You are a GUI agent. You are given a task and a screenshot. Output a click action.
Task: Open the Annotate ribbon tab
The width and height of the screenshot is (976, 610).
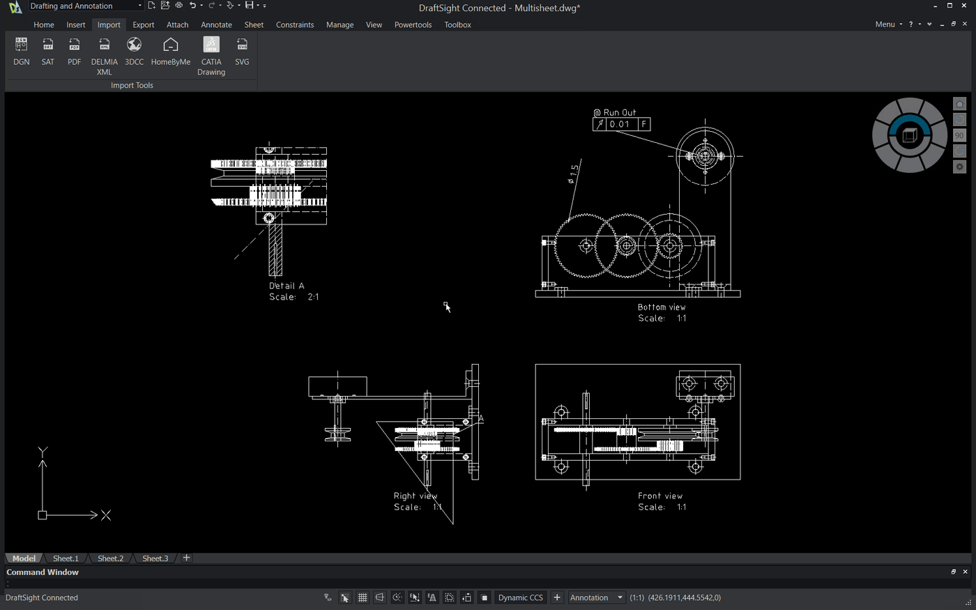(216, 24)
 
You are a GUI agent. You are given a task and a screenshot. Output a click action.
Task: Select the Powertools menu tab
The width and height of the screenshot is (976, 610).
(413, 24)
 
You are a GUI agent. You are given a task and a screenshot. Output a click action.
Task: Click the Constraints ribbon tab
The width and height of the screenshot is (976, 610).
(295, 24)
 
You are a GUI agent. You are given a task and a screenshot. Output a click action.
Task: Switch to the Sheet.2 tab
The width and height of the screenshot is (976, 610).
(110, 558)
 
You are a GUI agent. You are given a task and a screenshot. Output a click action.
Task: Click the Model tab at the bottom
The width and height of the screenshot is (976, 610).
(24, 558)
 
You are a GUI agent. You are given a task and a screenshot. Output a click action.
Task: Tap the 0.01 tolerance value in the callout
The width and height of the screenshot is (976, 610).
(619, 125)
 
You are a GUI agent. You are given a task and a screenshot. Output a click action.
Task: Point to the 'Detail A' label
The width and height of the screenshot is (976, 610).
(287, 286)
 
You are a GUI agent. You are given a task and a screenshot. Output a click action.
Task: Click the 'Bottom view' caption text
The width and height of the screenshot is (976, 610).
(662, 307)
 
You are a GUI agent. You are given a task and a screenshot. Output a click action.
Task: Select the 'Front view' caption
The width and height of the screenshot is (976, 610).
(660, 496)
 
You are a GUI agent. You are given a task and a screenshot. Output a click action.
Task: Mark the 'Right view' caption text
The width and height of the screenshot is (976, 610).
(415, 496)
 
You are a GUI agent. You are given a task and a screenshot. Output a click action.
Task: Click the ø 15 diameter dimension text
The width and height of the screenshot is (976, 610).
(573, 174)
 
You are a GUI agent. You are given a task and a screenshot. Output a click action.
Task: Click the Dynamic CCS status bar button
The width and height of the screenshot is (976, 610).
(520, 597)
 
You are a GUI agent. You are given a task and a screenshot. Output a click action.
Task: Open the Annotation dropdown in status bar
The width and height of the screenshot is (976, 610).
(596, 597)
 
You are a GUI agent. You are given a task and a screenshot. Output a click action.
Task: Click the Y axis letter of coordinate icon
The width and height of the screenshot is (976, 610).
(43, 452)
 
